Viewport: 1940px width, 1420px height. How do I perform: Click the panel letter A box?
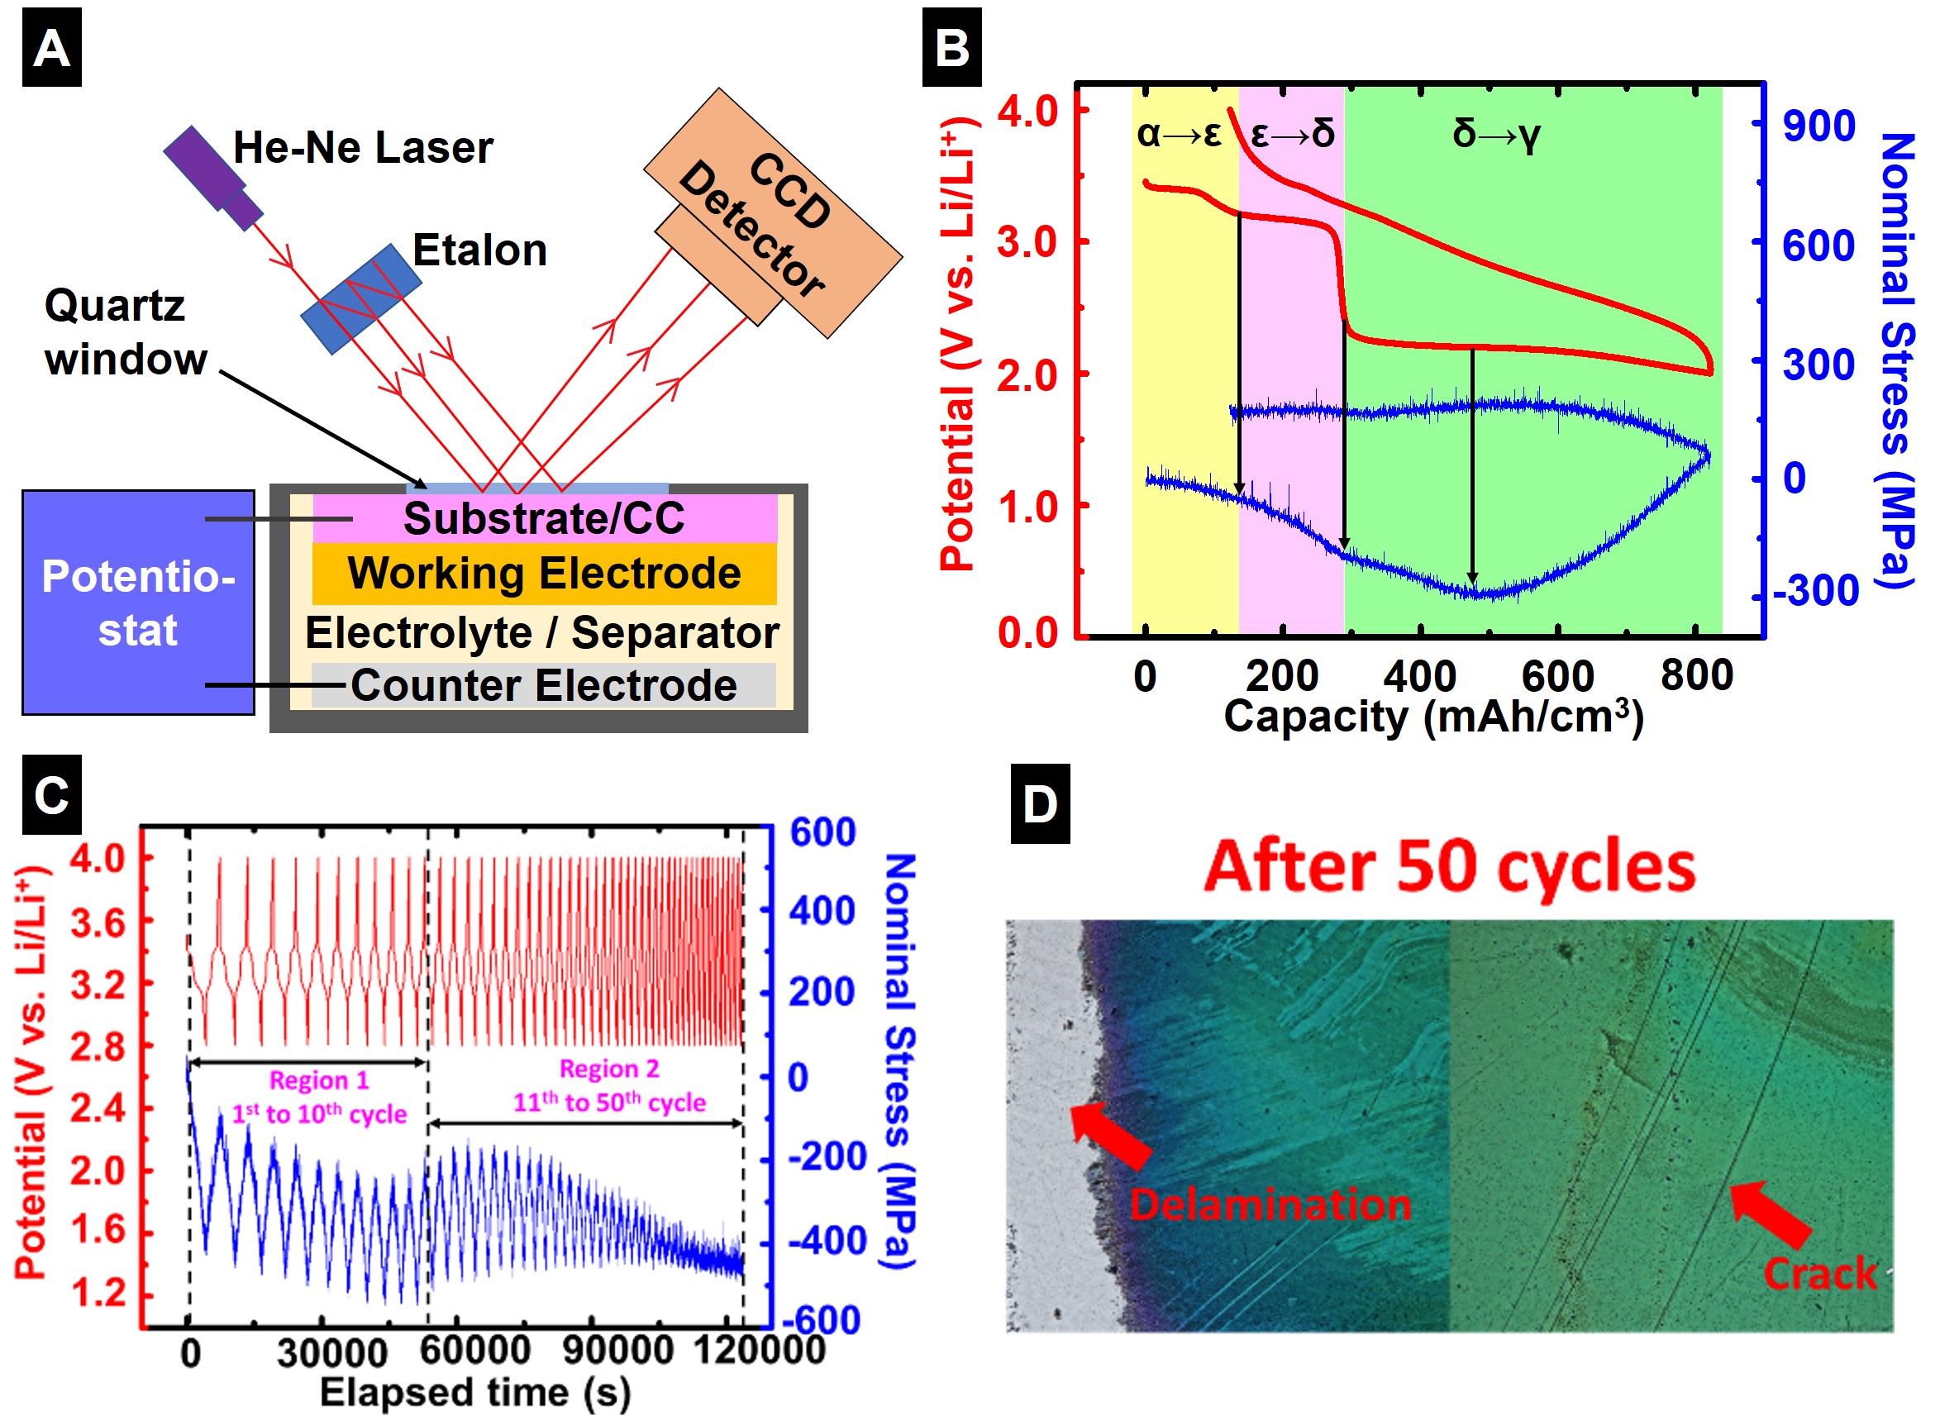point(51,47)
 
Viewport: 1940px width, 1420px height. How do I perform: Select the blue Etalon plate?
point(361,298)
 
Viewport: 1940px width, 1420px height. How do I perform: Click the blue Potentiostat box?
point(137,603)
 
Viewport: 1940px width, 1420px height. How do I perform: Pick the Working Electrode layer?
point(544,574)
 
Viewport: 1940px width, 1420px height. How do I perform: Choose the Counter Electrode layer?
point(543,686)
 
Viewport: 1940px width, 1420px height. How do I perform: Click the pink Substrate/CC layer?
point(544,518)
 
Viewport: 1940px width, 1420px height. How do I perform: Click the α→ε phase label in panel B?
point(1179,134)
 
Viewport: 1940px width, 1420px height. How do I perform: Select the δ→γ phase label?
point(1496,134)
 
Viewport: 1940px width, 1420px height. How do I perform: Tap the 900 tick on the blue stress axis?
point(1818,126)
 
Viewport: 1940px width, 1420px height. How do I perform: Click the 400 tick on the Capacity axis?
point(1420,675)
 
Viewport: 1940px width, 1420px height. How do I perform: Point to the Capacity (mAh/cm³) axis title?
point(1434,717)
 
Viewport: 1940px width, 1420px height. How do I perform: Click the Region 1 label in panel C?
point(319,1079)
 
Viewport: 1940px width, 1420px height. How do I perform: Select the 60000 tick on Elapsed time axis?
point(475,1351)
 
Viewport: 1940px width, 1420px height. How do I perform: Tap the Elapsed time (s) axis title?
point(475,1393)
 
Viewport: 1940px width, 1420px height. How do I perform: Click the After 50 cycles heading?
point(1450,866)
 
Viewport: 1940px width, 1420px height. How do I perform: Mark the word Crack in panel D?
point(1820,1274)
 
